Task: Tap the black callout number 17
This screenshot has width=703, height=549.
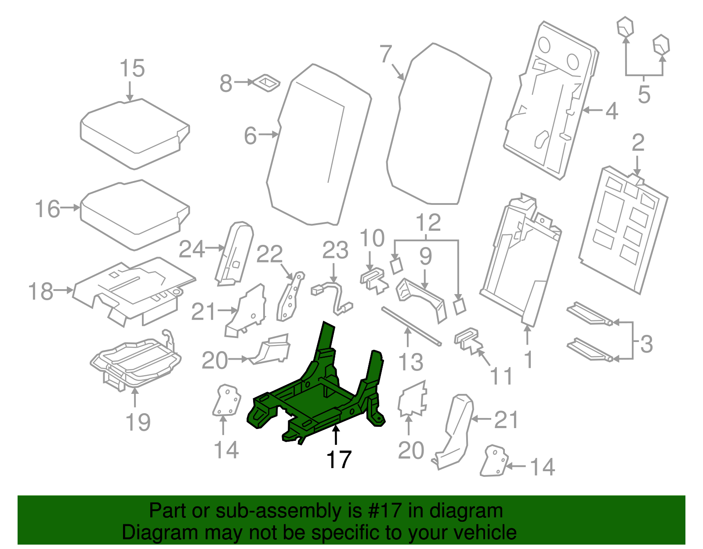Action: pyautogui.click(x=338, y=460)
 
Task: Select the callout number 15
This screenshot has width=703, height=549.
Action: pyautogui.click(x=132, y=69)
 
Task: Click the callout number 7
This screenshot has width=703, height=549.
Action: pyautogui.click(x=385, y=55)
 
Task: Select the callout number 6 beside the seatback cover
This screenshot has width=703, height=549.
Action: pyautogui.click(x=250, y=135)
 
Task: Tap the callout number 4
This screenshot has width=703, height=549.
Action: pyautogui.click(x=612, y=111)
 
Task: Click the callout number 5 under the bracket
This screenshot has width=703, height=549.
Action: pyautogui.click(x=644, y=95)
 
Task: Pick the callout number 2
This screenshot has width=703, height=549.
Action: pyautogui.click(x=638, y=143)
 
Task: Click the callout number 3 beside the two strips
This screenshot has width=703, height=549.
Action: pyautogui.click(x=646, y=344)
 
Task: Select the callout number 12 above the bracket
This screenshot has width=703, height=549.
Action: pyautogui.click(x=428, y=222)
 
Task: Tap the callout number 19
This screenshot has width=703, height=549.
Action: pyautogui.click(x=138, y=422)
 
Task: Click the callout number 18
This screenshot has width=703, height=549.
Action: pyautogui.click(x=40, y=291)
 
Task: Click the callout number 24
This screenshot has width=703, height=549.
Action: pyautogui.click(x=192, y=250)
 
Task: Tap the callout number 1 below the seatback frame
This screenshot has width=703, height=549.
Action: pyautogui.click(x=529, y=359)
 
